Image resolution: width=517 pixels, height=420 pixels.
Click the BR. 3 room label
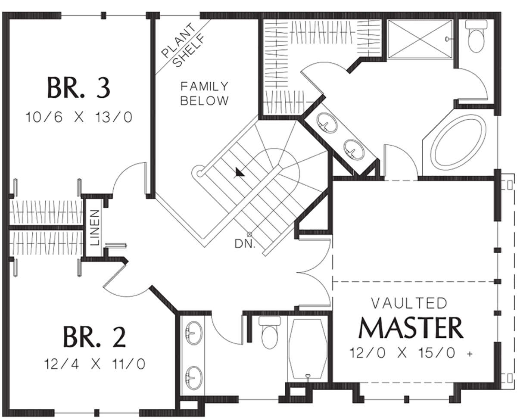pos(79,87)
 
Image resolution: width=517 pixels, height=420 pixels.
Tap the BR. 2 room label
pos(94,337)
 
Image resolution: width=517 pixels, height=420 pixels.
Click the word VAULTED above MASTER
pos(409,303)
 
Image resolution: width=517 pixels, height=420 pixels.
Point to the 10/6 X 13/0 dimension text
pos(79,117)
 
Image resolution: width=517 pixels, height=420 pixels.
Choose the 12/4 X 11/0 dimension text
pos(95,364)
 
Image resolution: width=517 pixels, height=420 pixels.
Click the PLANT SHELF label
pos(183,45)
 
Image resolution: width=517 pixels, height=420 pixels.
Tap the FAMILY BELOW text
pos(204,93)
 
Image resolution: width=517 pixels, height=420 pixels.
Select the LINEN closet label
pos(95,227)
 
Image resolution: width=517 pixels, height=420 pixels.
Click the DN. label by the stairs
pos(245,244)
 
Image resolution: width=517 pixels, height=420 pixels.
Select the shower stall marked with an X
pos(420,39)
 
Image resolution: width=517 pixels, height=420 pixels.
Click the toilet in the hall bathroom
pos(270,333)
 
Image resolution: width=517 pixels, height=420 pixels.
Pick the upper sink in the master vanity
pos(327,123)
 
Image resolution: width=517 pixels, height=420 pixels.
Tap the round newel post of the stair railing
pos(199,174)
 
